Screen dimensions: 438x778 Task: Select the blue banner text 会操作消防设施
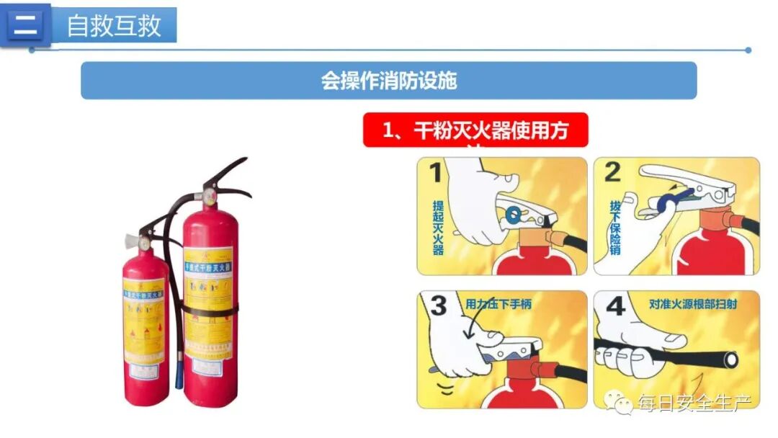388,81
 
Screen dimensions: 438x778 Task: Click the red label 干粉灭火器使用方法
475,131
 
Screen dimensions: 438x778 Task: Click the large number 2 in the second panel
612,173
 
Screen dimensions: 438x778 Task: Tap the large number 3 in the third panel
438,307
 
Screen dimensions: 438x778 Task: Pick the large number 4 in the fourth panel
614,306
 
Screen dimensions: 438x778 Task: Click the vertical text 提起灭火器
438,226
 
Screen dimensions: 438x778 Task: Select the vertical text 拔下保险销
614,226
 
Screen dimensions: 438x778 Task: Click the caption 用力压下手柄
498,304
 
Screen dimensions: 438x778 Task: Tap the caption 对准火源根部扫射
691,304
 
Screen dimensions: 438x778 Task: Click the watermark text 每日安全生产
694,403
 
